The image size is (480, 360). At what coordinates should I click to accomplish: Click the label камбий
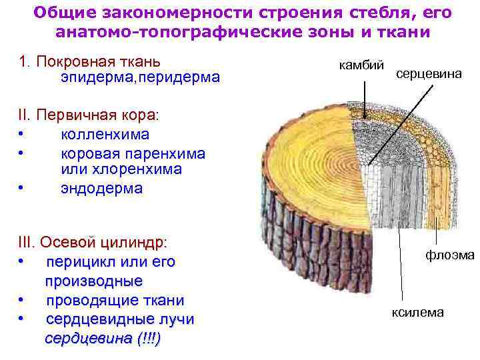click(362, 65)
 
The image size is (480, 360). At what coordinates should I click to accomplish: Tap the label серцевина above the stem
click(429, 74)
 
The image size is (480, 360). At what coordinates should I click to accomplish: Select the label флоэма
click(451, 254)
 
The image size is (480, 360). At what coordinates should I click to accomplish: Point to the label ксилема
click(417, 311)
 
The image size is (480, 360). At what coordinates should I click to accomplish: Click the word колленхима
click(105, 135)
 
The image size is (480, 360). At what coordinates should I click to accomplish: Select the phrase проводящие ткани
click(115, 301)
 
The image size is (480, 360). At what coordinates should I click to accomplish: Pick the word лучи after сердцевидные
click(173, 320)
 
